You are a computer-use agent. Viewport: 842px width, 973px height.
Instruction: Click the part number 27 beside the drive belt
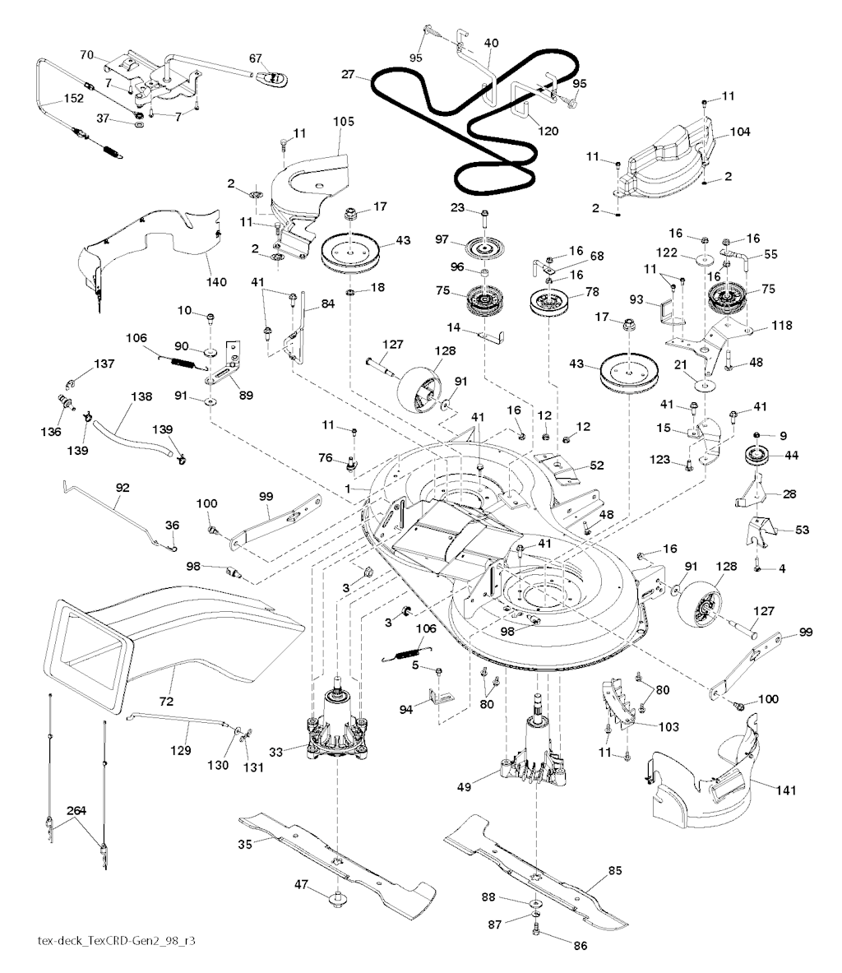(x=348, y=74)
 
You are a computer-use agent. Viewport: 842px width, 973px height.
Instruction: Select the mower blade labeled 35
(x=337, y=859)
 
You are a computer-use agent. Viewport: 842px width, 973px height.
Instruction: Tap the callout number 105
(x=344, y=122)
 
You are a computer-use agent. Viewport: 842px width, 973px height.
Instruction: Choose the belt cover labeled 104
(x=658, y=156)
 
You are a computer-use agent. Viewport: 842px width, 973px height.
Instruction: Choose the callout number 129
(x=181, y=750)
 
